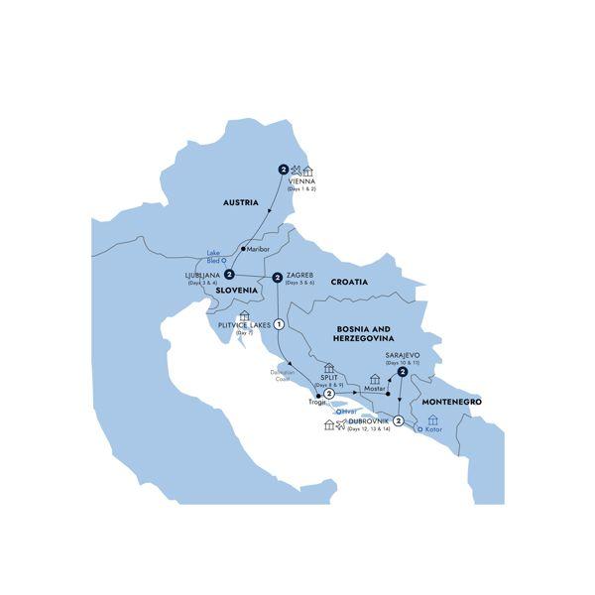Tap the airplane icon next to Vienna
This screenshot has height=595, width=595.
click(x=296, y=170)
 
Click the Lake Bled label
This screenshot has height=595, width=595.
click(x=213, y=257)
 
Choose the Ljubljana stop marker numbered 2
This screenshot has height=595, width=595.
click(x=229, y=275)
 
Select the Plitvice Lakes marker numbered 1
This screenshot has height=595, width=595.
click(x=280, y=324)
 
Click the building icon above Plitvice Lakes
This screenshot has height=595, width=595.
click(x=246, y=315)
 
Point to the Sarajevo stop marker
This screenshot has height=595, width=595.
click(x=403, y=372)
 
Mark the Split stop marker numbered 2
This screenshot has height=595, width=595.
click(x=328, y=395)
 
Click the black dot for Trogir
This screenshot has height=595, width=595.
click(x=317, y=402)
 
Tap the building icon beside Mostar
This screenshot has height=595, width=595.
click(x=375, y=378)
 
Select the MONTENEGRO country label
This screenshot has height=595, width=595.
click(x=451, y=402)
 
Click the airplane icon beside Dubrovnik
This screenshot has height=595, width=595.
click(x=343, y=423)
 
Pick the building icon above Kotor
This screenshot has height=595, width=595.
click(x=431, y=420)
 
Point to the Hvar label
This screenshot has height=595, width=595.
click(x=347, y=412)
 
